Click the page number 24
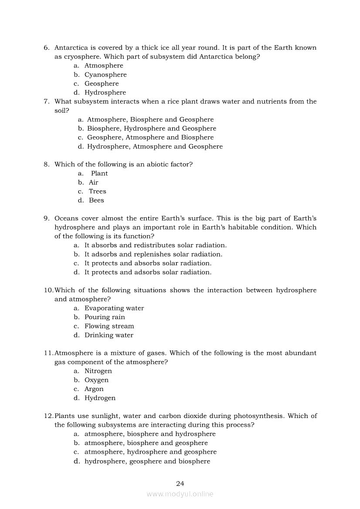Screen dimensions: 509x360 pyautogui.click(x=180, y=483)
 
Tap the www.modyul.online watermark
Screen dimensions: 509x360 pyautogui.click(x=180, y=494)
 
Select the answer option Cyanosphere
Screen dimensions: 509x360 pyautogui.click(x=105, y=74)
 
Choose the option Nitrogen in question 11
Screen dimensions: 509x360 pyautogui.click(x=98, y=371)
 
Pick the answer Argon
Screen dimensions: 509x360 pyautogui.click(x=94, y=389)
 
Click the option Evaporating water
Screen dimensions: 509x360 pyautogui.click(x=114, y=308)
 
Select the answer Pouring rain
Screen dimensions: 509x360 pyautogui.click(x=105, y=317)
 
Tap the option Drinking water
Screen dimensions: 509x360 pyautogui.click(x=109, y=335)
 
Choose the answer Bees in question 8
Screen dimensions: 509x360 pyautogui.click(x=96, y=200)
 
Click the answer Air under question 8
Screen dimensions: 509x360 pyautogui.click(x=94, y=182)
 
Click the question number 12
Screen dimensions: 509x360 pyautogui.click(x=48, y=416)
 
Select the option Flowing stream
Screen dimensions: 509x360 pyautogui.click(x=109, y=326)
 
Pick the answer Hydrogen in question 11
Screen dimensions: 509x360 pyautogui.click(x=100, y=398)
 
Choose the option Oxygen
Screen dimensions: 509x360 pyautogui.click(x=96, y=380)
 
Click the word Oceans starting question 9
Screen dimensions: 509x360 pyautogui.click(x=66, y=218)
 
